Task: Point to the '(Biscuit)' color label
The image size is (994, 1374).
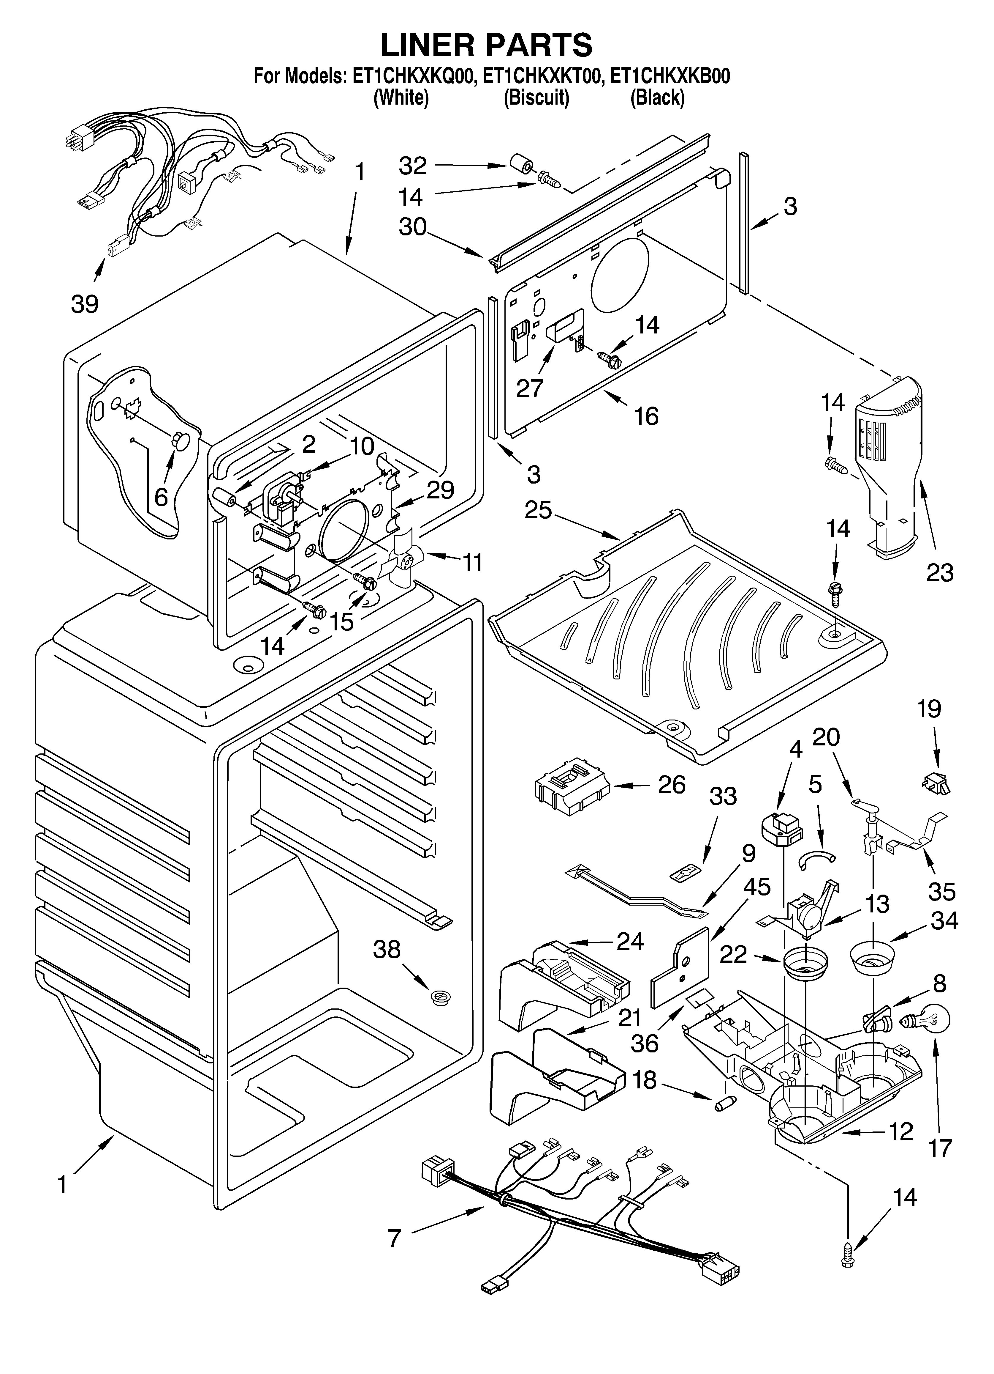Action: pos(536,97)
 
